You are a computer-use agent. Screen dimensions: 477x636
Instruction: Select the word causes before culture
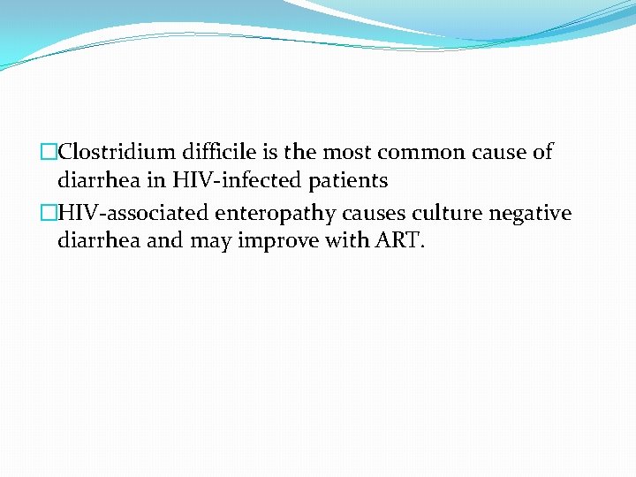click(360, 213)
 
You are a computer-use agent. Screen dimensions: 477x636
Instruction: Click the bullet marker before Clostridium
click(49, 152)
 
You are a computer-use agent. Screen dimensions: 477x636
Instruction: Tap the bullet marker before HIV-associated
click(49, 213)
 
